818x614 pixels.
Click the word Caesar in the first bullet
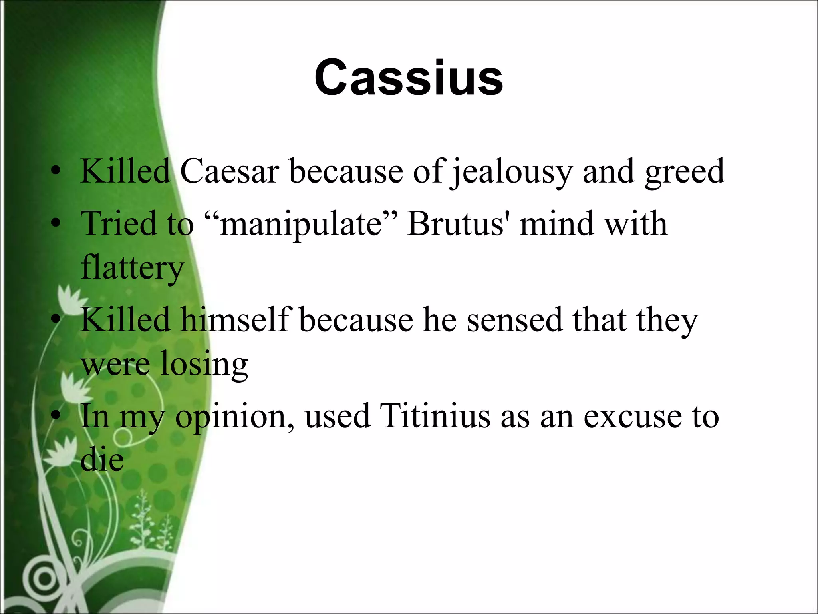[229, 172]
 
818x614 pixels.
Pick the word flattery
[132, 268]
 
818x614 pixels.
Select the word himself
[236, 320]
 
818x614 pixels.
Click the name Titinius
[435, 416]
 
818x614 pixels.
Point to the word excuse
[633, 416]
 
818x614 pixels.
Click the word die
[102, 460]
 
